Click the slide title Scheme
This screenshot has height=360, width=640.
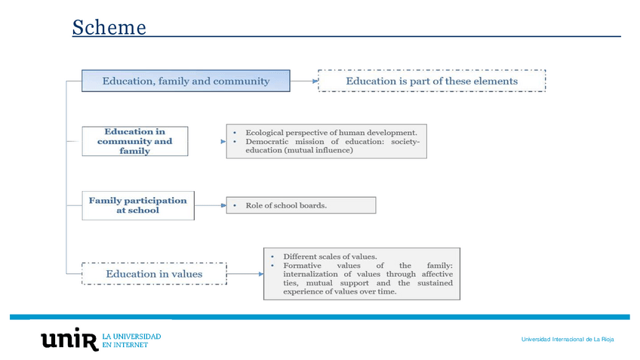pyautogui.click(x=109, y=28)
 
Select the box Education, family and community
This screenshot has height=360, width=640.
pyautogui.click(x=186, y=81)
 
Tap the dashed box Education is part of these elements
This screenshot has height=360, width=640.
pyautogui.click(x=432, y=81)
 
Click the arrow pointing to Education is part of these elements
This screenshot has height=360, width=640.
pyautogui.click(x=303, y=81)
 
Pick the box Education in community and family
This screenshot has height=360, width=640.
pyautogui.click(x=134, y=140)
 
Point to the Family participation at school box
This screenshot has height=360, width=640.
pyautogui.click(x=137, y=205)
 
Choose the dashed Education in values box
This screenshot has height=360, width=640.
pyautogui.click(x=154, y=273)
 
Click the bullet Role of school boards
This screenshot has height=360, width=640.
pyautogui.click(x=286, y=205)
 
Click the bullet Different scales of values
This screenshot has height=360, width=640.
pyautogui.click(x=329, y=256)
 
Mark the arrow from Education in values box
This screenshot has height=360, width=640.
pyautogui.click(x=245, y=273)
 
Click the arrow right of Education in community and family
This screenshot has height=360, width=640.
pyautogui.click(x=207, y=140)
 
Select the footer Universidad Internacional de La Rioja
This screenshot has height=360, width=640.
pyautogui.click(x=567, y=340)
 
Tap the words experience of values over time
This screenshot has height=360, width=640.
pyautogui.click(x=339, y=292)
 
